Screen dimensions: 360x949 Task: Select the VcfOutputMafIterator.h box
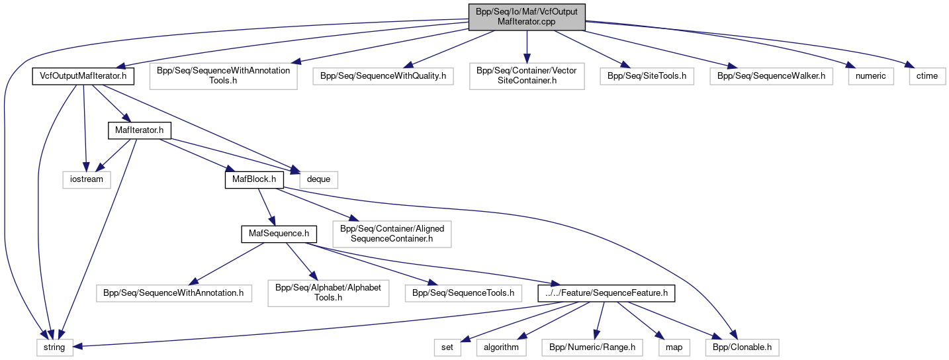pyautogui.click(x=83, y=76)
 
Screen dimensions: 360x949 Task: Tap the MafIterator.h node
pyautogui.click(x=139, y=130)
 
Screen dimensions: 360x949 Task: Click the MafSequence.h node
pyautogui.click(x=278, y=234)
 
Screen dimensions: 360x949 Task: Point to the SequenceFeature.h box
pyautogui.click(x=606, y=292)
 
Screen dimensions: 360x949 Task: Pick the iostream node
pyautogui.click(x=87, y=179)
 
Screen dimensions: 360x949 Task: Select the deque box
pyautogui.click(x=319, y=179)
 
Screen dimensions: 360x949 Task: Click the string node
pyautogui.click(x=54, y=347)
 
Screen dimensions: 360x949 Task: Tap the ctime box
pyautogui.click(x=926, y=76)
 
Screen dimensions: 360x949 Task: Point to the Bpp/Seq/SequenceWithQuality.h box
pyautogui.click(x=383, y=76)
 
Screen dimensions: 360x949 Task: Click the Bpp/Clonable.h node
pyautogui.click(x=742, y=347)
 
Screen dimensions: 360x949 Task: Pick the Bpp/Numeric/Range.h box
pyautogui.click(x=592, y=347)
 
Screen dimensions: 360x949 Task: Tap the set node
pyautogui.click(x=447, y=347)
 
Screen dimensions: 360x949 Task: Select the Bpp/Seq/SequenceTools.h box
pyautogui.click(x=463, y=292)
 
